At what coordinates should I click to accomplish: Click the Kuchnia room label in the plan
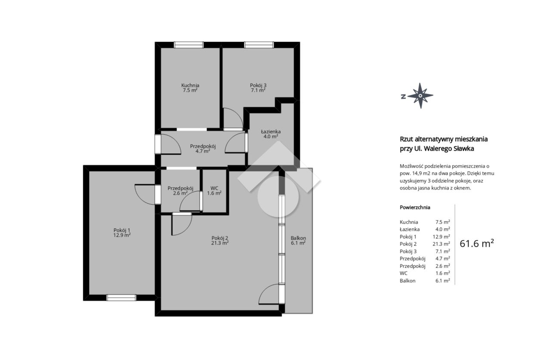click(x=190, y=85)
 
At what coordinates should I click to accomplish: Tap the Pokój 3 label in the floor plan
click(x=258, y=85)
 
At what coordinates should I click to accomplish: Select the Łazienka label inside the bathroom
click(x=271, y=131)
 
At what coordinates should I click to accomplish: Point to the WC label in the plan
click(x=214, y=188)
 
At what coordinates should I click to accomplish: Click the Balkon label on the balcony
click(x=298, y=238)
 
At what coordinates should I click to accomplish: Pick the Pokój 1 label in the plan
click(x=122, y=230)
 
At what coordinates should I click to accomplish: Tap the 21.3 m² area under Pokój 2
click(x=220, y=243)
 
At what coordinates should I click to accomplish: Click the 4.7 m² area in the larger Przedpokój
click(x=203, y=151)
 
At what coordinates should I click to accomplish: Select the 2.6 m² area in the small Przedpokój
click(x=180, y=193)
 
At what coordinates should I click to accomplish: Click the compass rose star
click(x=420, y=96)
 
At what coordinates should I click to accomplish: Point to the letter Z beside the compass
click(x=403, y=96)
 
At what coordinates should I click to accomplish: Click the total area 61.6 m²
click(x=477, y=243)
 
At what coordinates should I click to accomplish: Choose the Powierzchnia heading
click(x=415, y=207)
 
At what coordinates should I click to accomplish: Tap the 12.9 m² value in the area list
click(x=442, y=236)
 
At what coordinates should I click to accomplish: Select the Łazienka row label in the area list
click(x=410, y=229)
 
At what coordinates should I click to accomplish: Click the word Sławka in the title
click(x=464, y=149)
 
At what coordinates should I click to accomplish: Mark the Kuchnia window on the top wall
click(x=189, y=45)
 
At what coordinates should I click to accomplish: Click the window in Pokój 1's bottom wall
click(x=121, y=298)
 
